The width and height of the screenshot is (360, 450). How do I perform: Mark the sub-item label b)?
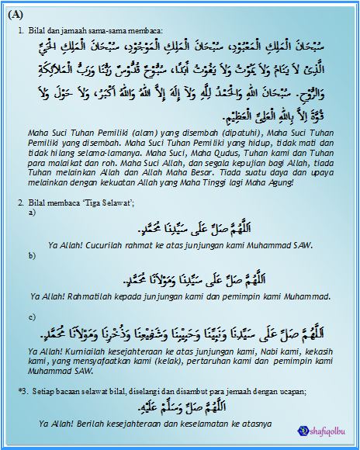click(31, 254)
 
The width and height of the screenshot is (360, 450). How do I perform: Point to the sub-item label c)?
click(31, 317)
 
